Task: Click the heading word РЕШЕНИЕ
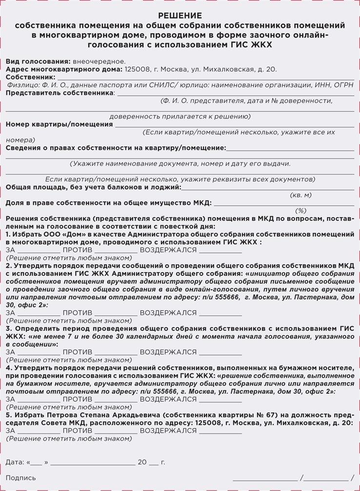180,16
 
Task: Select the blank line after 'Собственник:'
205,78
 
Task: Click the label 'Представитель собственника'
60,93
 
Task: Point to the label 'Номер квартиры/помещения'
59,124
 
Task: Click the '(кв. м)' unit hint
300,195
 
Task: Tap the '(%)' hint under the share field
300,211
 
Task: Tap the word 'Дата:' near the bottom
15,462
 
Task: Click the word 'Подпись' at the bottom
20,478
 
